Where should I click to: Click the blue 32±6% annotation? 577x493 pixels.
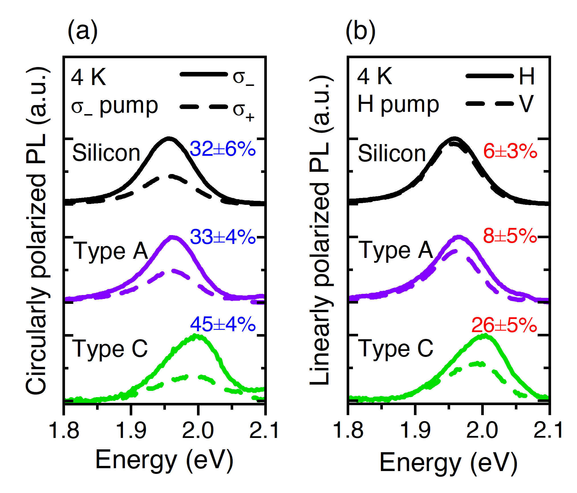point(222,149)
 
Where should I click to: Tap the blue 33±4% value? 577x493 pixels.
point(222,237)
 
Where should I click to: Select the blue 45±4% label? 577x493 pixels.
point(222,324)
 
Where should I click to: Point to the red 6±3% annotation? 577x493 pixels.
point(510,151)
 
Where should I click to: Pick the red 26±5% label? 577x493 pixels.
point(504,325)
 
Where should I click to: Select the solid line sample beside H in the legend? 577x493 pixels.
point(489,76)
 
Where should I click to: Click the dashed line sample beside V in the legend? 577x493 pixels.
point(489,103)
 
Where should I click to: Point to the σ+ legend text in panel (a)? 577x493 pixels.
point(243,111)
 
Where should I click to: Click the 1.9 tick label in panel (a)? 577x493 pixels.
point(131,430)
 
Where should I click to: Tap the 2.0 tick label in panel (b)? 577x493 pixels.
point(482,430)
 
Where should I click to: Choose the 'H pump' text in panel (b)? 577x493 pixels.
point(398,105)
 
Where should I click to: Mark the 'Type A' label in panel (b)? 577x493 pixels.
point(396,250)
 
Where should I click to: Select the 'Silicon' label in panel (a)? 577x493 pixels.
point(106,153)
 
